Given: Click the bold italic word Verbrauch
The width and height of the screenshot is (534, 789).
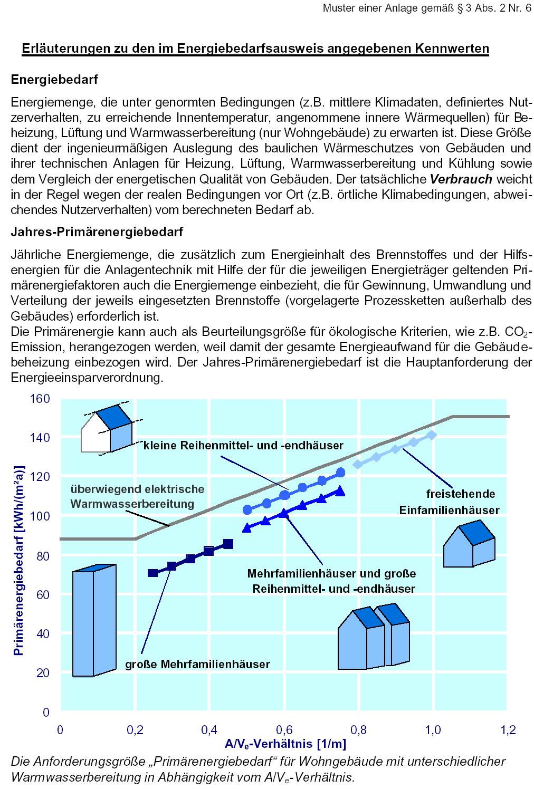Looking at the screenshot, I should point(461,179).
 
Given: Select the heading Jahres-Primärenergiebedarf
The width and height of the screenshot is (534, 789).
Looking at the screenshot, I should point(97,232).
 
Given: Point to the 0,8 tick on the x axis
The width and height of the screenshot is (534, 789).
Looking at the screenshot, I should point(358,730).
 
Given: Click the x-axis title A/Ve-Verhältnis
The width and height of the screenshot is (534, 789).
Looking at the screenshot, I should point(285,744).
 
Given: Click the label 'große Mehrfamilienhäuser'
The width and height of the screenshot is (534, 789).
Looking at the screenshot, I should point(197,664).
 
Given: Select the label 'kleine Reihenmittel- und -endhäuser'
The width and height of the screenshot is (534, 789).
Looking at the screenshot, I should point(243,446).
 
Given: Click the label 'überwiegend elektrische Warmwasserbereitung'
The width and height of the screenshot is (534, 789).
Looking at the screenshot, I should point(137,496).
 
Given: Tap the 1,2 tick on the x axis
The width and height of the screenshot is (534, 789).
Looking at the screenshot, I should point(508,730).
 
